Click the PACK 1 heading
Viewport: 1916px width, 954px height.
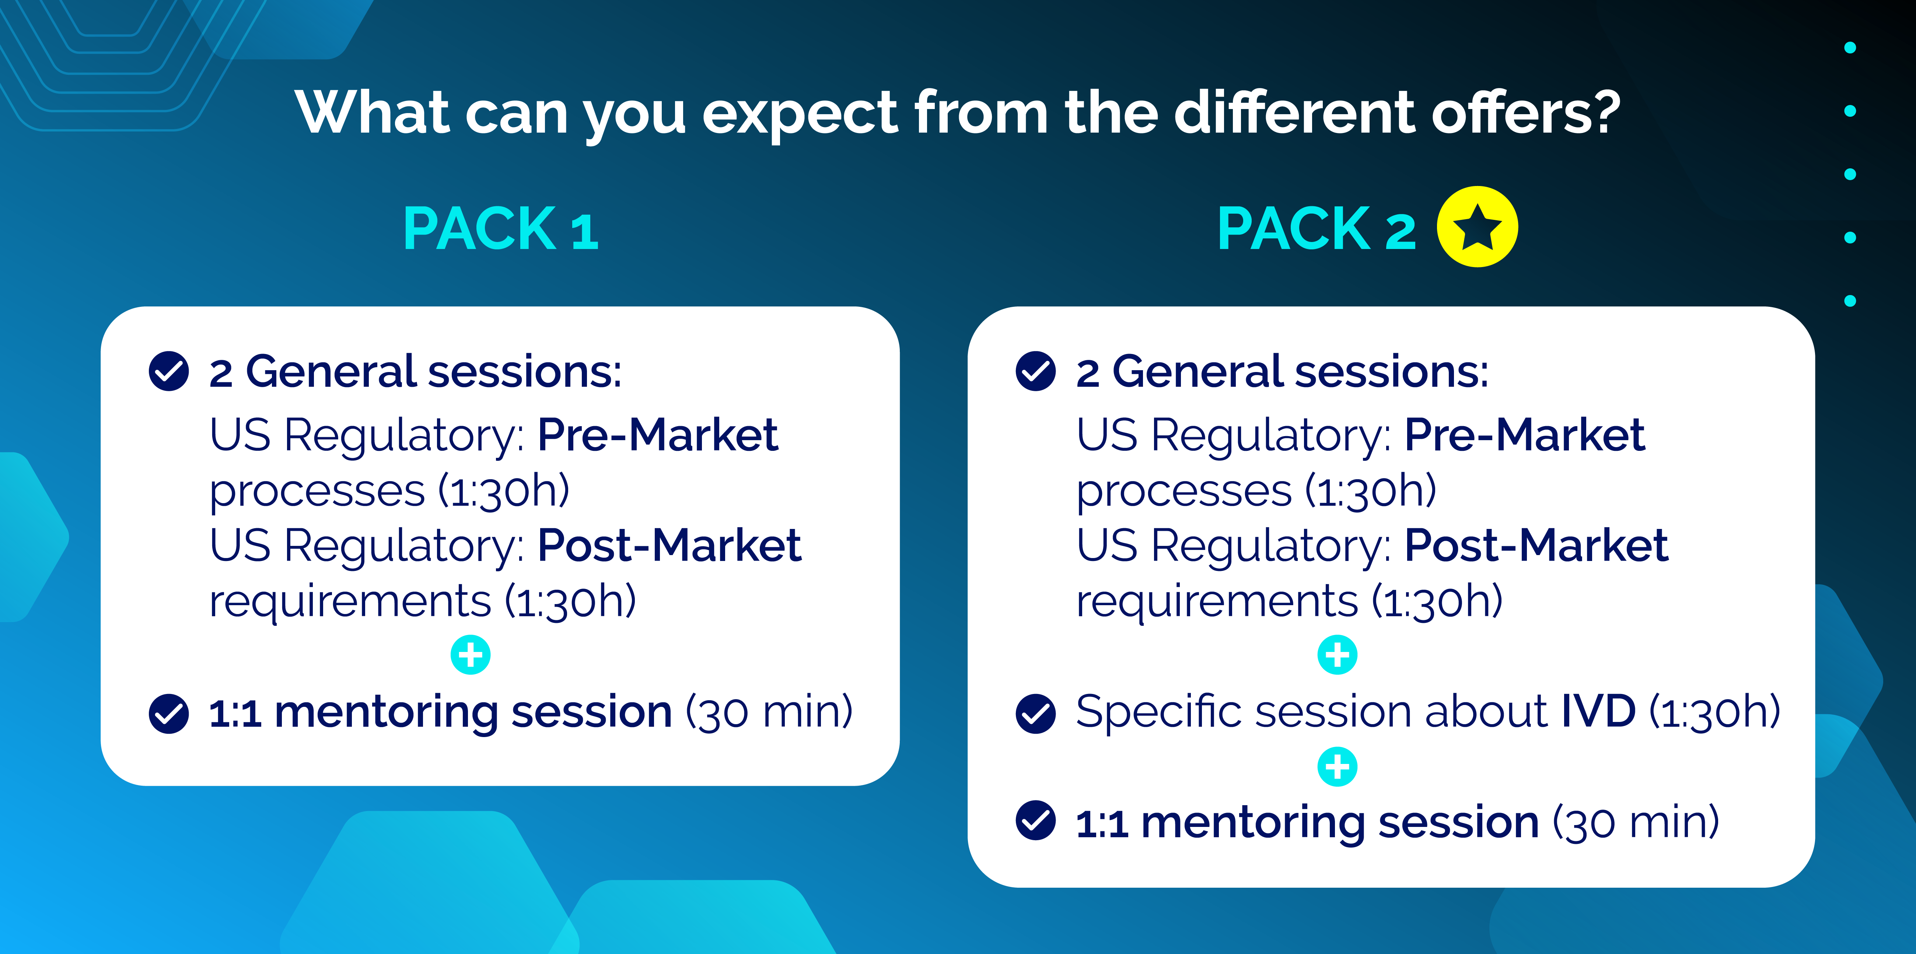[x=501, y=229]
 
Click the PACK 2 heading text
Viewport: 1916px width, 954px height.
[x=1317, y=229]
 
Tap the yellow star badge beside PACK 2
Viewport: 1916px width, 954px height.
[x=1477, y=227]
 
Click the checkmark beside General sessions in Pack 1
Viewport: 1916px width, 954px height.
[x=169, y=371]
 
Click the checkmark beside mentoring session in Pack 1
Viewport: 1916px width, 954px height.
[x=169, y=714]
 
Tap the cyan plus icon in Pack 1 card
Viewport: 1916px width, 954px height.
[x=471, y=655]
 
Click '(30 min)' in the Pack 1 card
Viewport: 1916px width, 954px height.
[x=769, y=712]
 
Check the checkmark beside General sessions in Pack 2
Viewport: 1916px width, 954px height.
[x=1035, y=371]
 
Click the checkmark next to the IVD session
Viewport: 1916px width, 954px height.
[x=1035, y=714]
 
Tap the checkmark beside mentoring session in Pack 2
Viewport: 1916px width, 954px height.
[x=1035, y=821]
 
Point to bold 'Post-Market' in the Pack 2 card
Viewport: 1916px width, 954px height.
[x=1536, y=546]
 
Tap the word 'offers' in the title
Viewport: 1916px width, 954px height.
[x=1510, y=113]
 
